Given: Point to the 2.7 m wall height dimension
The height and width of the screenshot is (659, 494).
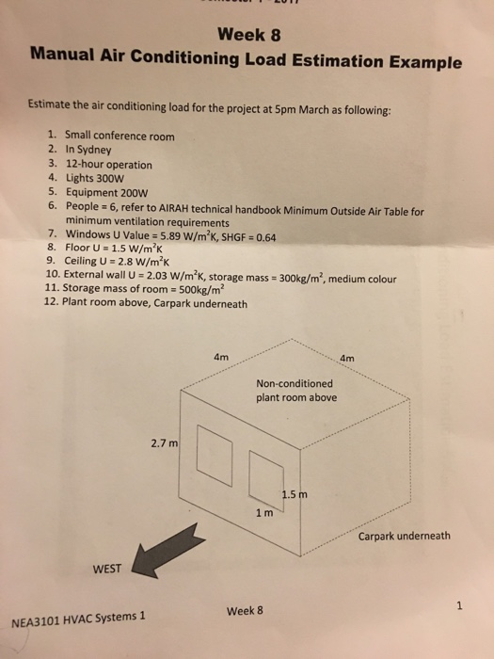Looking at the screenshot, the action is (x=162, y=442).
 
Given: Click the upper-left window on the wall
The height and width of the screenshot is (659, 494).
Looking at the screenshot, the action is (x=214, y=451).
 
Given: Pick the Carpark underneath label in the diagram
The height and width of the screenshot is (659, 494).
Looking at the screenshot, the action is (x=405, y=537).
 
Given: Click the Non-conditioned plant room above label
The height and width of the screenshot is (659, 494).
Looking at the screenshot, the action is (x=294, y=390).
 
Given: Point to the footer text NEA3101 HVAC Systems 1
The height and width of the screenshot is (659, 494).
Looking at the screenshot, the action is (x=78, y=619).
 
